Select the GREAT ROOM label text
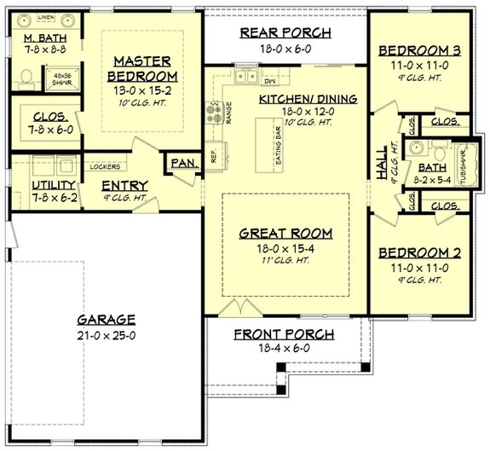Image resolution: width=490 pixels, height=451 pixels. tap(285, 233)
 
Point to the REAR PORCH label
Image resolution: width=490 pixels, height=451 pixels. tap(285, 33)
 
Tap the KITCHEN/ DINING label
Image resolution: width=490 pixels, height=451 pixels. tap(296, 99)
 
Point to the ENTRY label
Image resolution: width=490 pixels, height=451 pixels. tap(124, 186)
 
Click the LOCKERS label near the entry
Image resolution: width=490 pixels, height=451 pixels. tap(104, 167)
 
